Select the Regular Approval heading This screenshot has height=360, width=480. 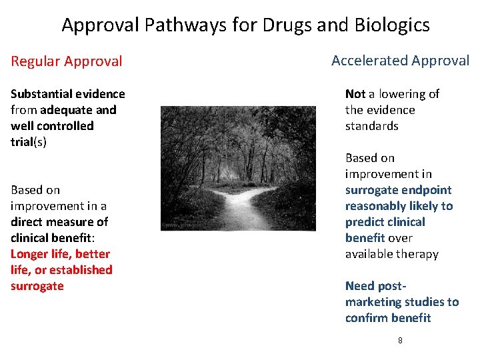pos(67,61)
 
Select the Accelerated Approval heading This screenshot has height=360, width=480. pos(400,60)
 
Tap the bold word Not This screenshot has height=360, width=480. pos(355,94)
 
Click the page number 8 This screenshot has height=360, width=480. pos(400,340)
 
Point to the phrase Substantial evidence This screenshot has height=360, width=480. pos(67,94)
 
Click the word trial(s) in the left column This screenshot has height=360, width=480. pos(29,142)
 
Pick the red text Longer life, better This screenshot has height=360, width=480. pos(60,254)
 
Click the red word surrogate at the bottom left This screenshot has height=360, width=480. pos(37,286)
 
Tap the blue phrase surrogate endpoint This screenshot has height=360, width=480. pos(398,190)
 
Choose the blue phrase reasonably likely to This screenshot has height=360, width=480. pos(399,206)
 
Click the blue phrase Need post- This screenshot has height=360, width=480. pos(375,286)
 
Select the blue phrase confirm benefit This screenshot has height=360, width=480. pos(388,318)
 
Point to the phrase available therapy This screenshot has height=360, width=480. pos(391,254)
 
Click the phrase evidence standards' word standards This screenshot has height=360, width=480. pos(371,126)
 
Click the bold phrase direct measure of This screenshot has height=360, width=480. pos(59,222)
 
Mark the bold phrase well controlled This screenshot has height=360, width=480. pos(52,126)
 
